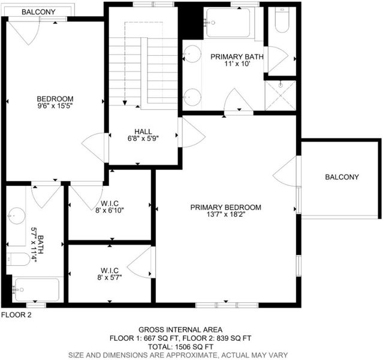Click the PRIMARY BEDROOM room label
(x=226, y=208)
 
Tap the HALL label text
(x=143, y=131)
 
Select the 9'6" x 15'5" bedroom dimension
(x=55, y=106)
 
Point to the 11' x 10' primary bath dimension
(x=237, y=64)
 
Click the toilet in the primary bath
(x=282, y=20)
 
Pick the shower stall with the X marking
(x=281, y=95)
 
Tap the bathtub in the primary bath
(x=228, y=23)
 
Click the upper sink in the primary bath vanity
(x=192, y=54)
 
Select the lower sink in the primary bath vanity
(x=192, y=97)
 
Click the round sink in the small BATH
(x=16, y=216)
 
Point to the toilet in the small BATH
(x=17, y=259)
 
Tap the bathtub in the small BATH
(x=37, y=290)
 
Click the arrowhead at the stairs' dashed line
(x=125, y=103)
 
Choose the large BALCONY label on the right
(x=342, y=177)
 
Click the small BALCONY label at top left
(x=38, y=12)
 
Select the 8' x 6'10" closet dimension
(x=110, y=210)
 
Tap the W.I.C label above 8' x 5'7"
(x=110, y=271)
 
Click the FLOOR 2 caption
(x=16, y=315)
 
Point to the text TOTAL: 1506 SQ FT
(x=180, y=347)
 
